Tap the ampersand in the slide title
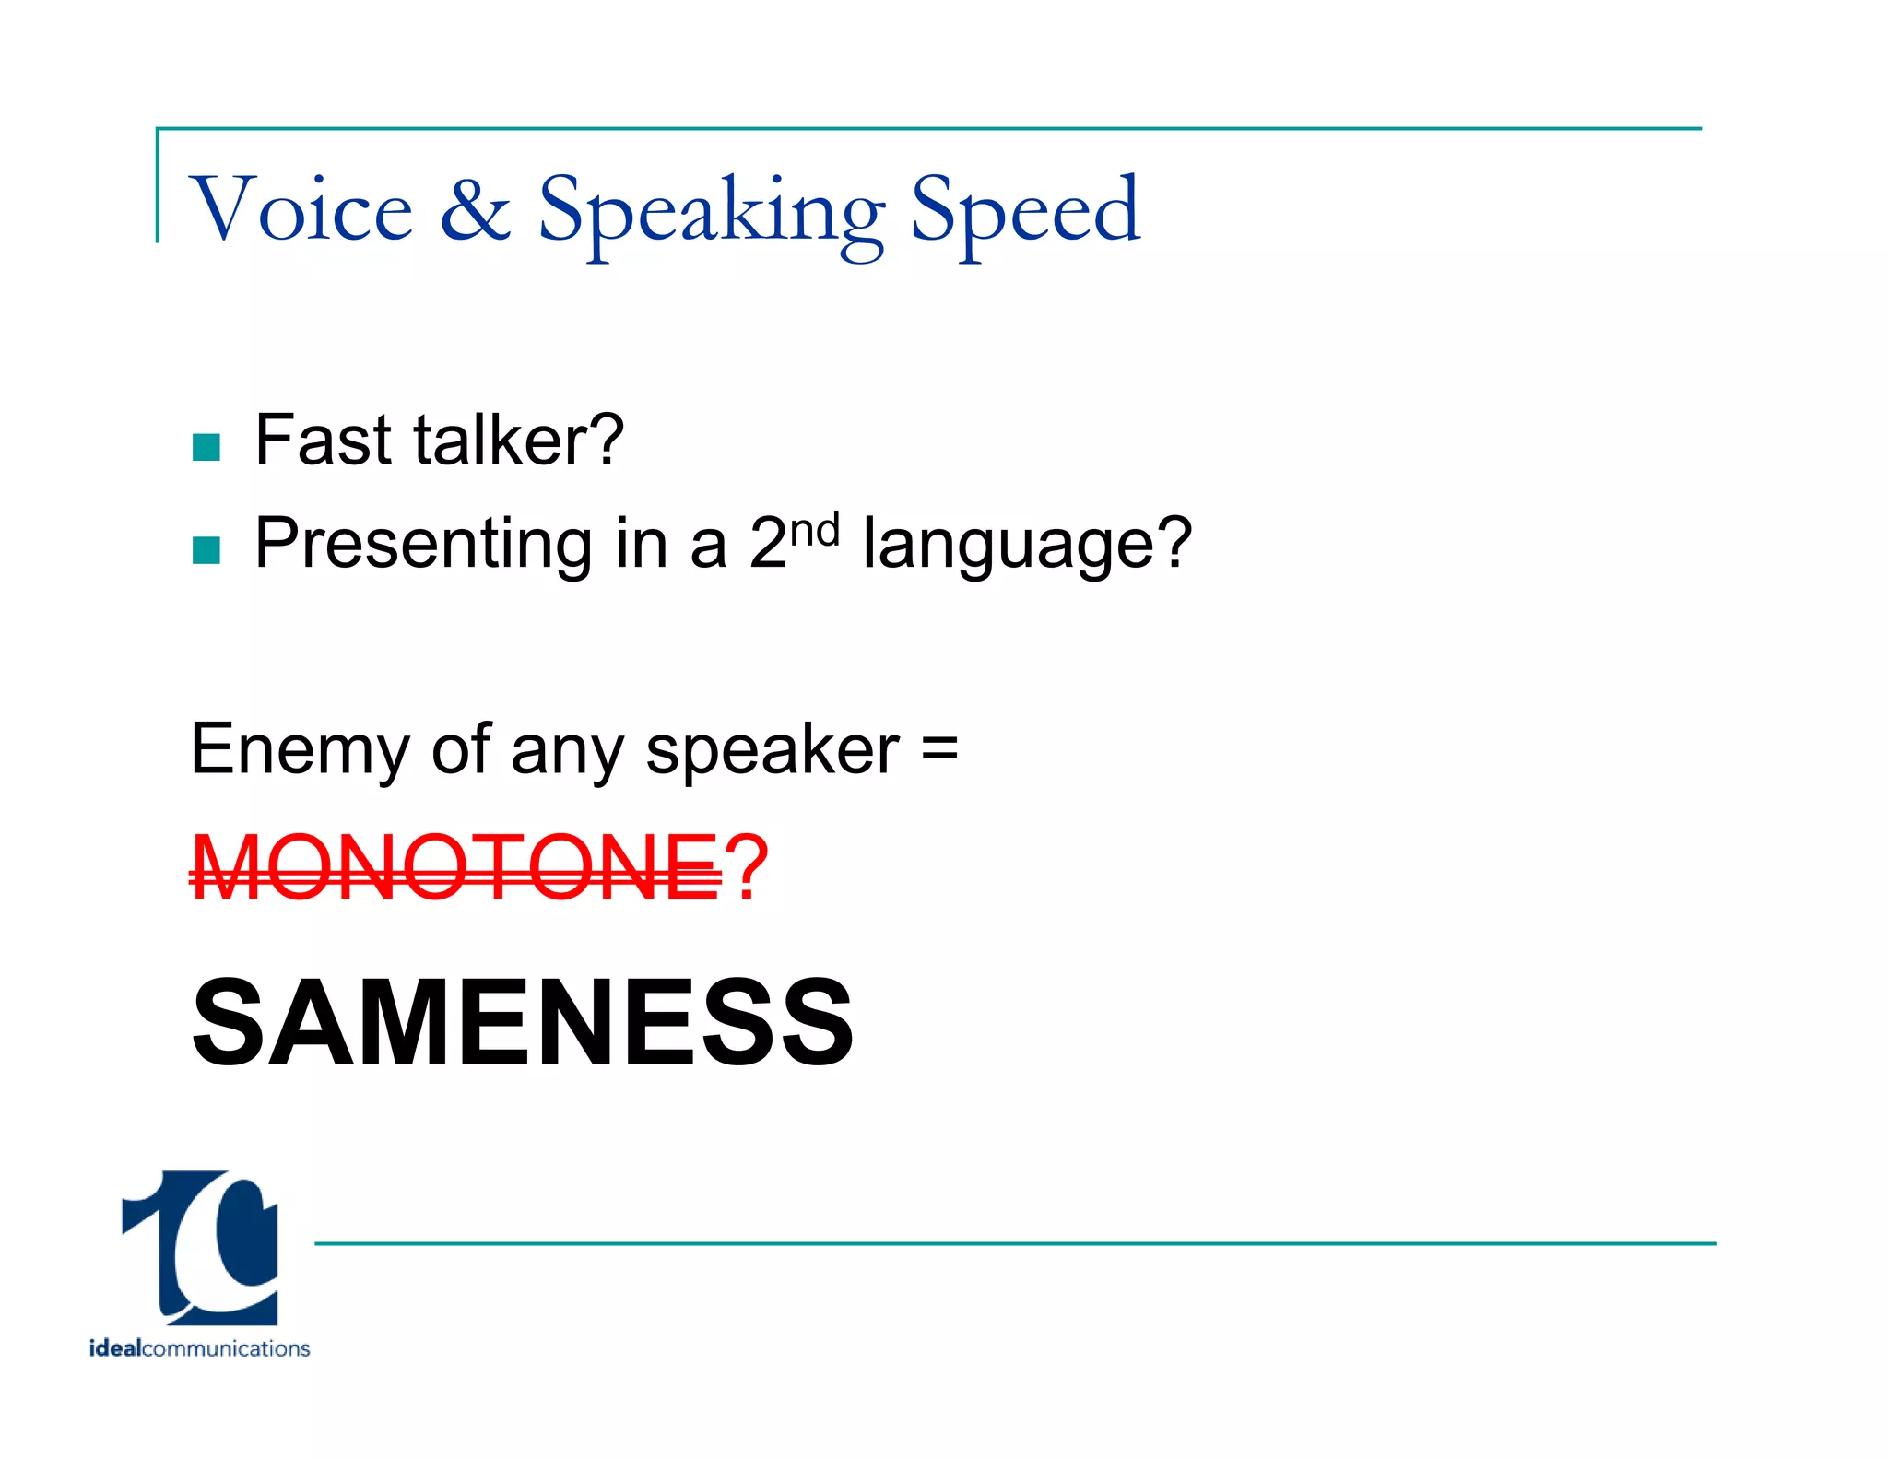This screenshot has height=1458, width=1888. point(475,209)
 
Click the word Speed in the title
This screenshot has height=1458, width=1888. point(1025,212)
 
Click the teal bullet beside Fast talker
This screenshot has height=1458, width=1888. point(206,447)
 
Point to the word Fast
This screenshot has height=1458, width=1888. point(322,441)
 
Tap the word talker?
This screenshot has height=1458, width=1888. point(519,441)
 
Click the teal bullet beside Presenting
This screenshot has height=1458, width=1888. point(206,550)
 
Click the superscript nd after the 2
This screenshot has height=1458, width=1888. point(816,531)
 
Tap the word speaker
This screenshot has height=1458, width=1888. point(772,752)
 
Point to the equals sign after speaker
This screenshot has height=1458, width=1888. point(939,748)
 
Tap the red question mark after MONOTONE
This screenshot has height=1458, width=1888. point(746,866)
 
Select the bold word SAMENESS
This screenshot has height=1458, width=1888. point(522,1023)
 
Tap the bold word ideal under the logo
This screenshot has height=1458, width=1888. point(115,1348)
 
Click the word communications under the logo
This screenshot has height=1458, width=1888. point(226,1348)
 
